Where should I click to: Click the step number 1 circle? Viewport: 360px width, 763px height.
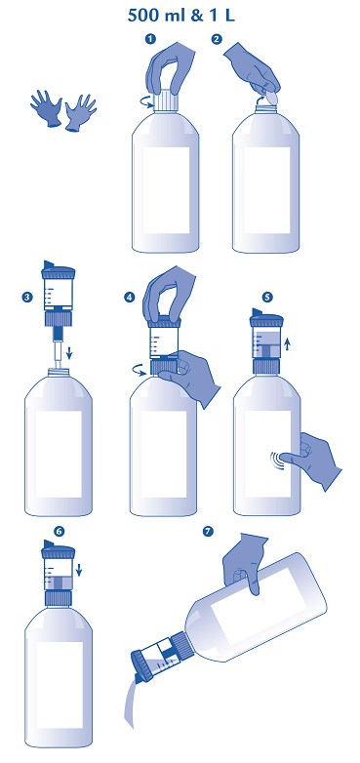click(x=150, y=40)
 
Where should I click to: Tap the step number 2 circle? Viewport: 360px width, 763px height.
click(x=217, y=40)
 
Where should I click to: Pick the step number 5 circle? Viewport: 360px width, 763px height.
click(x=266, y=297)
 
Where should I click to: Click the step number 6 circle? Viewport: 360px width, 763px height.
click(x=59, y=531)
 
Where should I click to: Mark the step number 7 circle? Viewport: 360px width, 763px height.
click(x=208, y=532)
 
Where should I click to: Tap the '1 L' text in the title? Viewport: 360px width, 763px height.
click(x=220, y=15)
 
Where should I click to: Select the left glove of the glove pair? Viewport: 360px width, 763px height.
click(x=47, y=108)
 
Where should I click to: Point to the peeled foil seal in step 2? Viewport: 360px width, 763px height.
click(x=271, y=98)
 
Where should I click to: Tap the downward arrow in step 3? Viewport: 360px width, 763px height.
click(x=69, y=352)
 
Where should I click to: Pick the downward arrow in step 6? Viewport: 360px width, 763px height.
click(x=79, y=569)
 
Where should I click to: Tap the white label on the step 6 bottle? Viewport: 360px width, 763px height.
click(x=59, y=685)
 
